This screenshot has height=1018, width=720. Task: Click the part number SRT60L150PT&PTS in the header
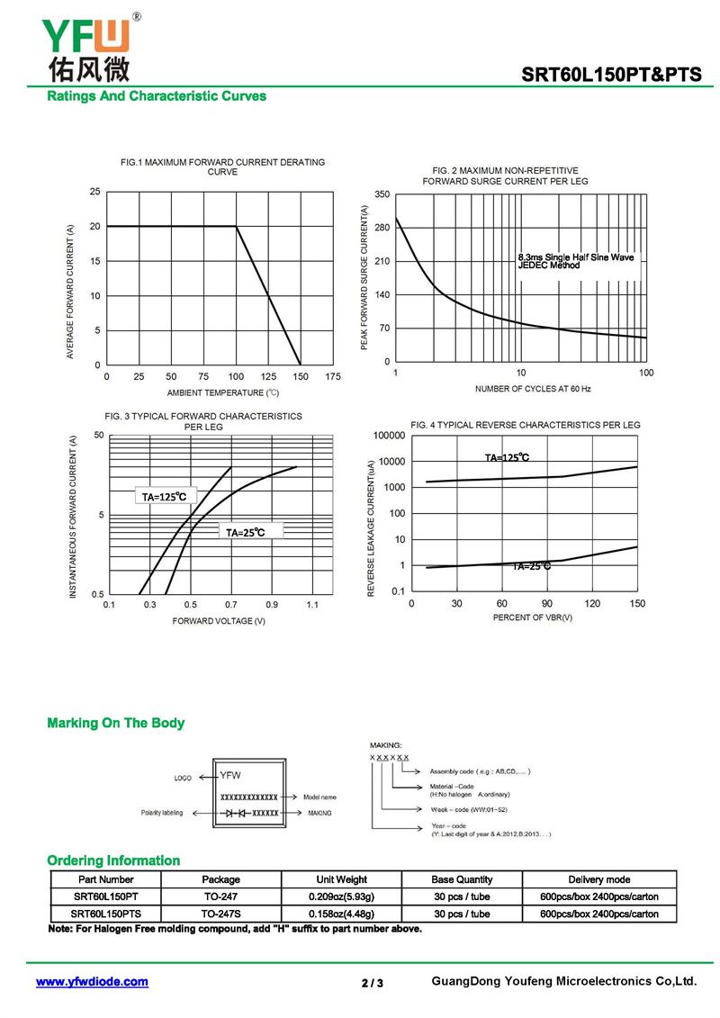tap(612, 75)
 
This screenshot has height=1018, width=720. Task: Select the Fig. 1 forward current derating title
tap(223, 167)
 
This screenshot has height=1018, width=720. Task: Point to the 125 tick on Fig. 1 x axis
tap(268, 375)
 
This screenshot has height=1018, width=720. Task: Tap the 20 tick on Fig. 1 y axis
tap(95, 226)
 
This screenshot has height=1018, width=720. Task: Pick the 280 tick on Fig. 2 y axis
tap(382, 228)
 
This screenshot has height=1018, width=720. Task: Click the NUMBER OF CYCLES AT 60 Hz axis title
tap(533, 389)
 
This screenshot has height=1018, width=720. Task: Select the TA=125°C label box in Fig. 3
tap(164, 497)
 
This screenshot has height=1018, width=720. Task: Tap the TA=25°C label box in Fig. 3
tap(245, 532)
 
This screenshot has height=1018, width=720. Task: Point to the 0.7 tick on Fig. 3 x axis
tap(231, 605)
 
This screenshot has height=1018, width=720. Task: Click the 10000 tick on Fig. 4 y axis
tap(390, 462)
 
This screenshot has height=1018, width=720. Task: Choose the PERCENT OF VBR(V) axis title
tap(532, 617)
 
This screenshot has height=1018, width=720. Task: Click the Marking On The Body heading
tap(115, 723)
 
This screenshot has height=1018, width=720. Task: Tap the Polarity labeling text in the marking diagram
tap(162, 813)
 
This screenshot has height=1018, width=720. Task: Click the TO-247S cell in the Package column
tap(220, 914)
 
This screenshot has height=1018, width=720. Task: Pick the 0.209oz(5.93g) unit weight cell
tap(341, 896)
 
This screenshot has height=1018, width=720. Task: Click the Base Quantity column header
tap(462, 879)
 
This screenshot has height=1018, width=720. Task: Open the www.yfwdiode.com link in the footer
tap(92, 982)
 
